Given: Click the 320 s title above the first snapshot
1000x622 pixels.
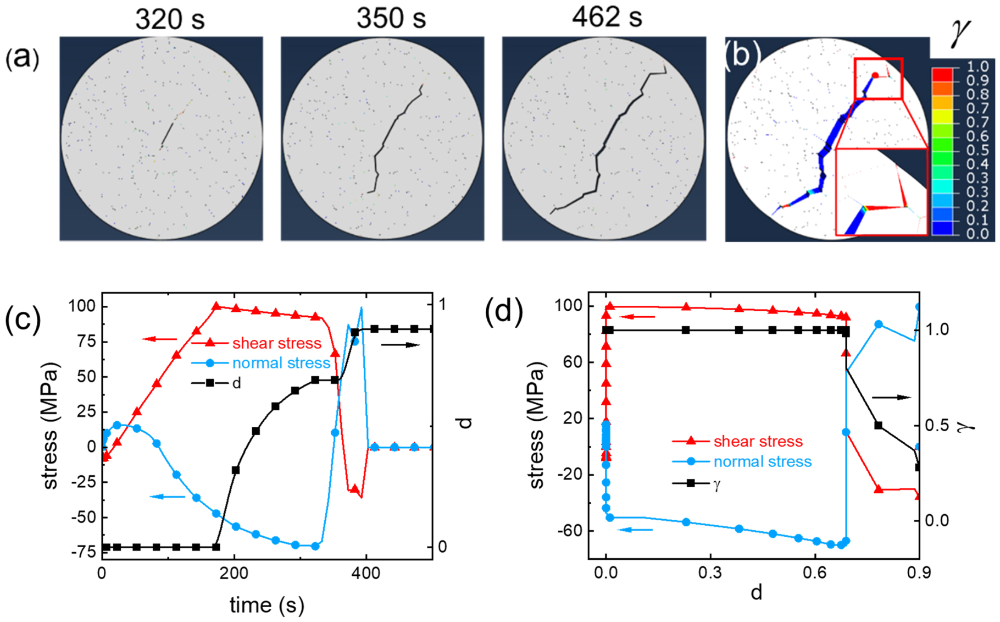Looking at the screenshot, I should click(x=170, y=20).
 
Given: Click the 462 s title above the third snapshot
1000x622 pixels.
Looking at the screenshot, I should click(x=607, y=18).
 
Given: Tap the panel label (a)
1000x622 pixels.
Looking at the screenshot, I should click(x=22, y=58).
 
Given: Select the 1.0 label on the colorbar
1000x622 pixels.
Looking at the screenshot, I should click(x=977, y=67).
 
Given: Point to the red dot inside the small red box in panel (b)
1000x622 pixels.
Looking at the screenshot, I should click(x=875, y=75).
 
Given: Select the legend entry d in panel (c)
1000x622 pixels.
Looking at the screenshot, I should click(x=236, y=383).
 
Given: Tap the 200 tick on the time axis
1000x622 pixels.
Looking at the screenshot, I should click(x=234, y=573).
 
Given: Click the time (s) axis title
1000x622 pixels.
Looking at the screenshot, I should click(x=266, y=605).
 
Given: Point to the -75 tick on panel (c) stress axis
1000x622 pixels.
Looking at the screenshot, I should click(x=83, y=552).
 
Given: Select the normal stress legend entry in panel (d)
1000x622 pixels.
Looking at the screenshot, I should click(x=762, y=461).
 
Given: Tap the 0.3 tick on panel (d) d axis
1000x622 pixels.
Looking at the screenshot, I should click(x=710, y=573).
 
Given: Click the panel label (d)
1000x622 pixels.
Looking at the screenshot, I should click(x=504, y=312).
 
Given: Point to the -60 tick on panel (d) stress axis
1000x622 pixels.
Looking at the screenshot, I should click(x=570, y=531).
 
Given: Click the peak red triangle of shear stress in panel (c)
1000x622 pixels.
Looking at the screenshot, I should click(x=216, y=306).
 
